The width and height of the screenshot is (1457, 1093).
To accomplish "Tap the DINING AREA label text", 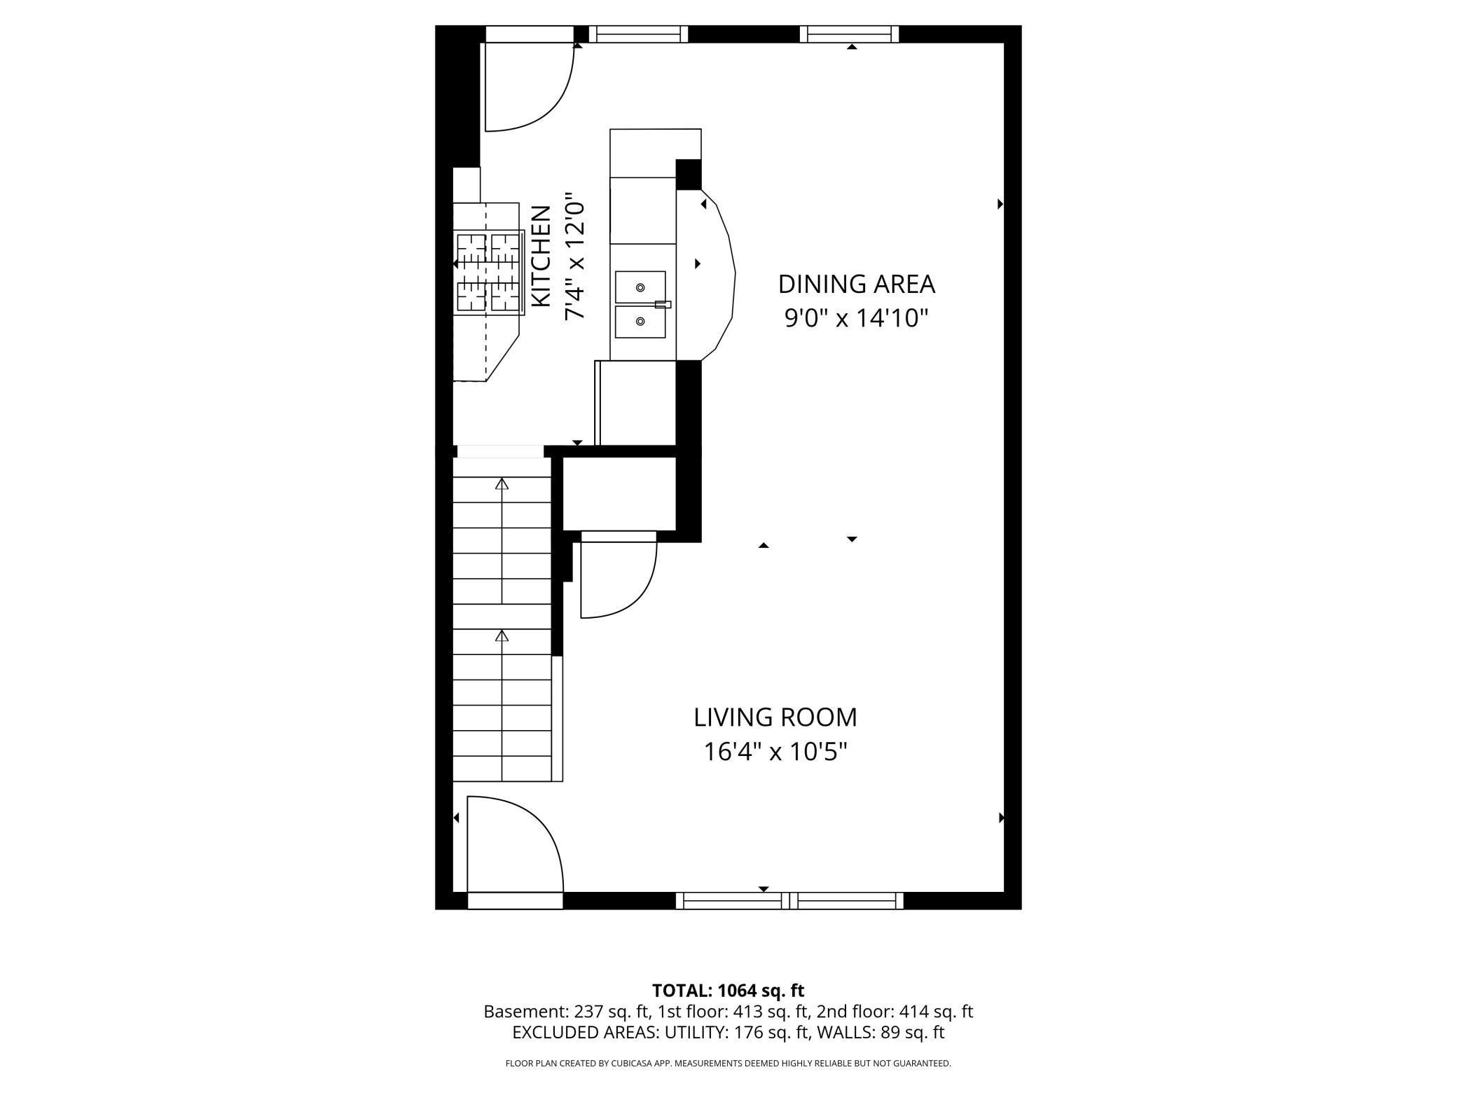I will pos(856,284).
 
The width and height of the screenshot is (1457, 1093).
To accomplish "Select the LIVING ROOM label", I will pos(775,717).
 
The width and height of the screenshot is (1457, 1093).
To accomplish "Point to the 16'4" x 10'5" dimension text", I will pos(775,752).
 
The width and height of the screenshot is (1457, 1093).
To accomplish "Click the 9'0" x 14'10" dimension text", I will pos(856,318).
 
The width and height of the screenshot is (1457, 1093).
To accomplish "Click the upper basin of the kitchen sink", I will pos(640,287).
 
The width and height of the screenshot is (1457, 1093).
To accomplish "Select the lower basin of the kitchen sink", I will pos(640,322).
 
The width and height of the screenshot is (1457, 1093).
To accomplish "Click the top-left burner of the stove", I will pos(471,247).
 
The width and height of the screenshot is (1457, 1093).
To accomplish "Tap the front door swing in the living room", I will pos(515,844).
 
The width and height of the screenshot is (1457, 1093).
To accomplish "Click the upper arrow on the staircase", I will pos(502,483).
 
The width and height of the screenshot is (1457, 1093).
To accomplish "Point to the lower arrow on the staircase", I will pos(502,635).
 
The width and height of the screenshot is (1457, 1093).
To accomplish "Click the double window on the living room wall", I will pos(789,900).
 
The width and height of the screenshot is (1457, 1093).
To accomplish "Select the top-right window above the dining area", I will pos(849,33).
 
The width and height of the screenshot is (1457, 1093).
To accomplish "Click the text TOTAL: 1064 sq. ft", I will pos(728,991).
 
